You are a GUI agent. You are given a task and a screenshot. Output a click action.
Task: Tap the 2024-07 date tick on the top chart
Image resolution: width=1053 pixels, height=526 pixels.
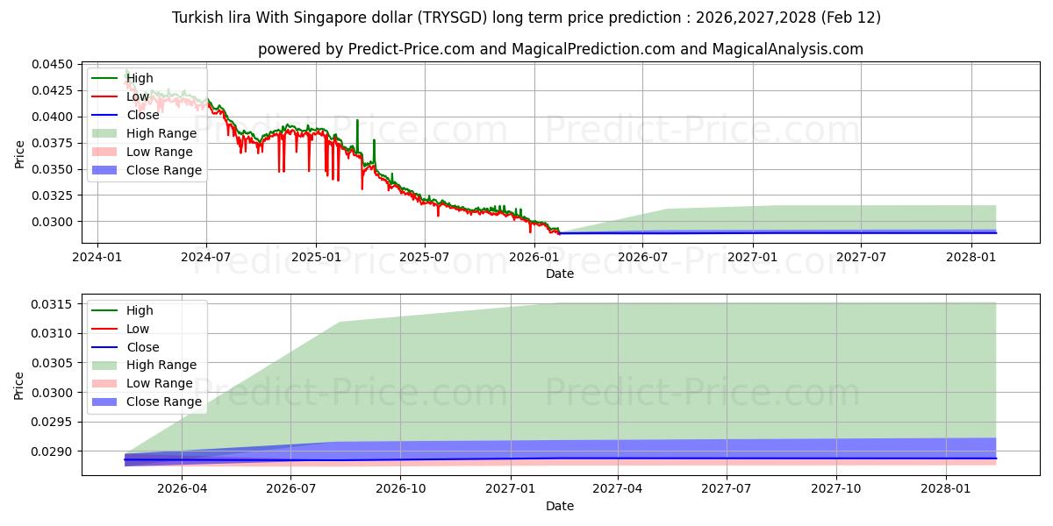point(205,257)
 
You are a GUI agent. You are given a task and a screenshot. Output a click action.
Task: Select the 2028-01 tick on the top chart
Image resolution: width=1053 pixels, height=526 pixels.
point(971,257)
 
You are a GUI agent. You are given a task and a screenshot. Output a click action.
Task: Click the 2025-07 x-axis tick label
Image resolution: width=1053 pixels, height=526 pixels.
point(425,257)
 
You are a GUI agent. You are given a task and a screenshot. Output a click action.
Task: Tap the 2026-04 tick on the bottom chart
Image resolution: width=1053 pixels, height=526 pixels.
point(183,489)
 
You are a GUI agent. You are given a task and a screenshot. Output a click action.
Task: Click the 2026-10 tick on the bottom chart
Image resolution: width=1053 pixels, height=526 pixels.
point(400,489)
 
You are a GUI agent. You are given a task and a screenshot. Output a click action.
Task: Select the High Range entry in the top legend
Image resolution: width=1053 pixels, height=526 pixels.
point(161,133)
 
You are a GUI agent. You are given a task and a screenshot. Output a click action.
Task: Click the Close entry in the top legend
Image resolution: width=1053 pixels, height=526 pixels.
point(143,115)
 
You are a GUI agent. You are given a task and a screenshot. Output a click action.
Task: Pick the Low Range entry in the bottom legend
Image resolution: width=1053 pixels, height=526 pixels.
point(160,383)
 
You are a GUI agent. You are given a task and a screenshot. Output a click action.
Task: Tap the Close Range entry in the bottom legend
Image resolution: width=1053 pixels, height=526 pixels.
point(164,402)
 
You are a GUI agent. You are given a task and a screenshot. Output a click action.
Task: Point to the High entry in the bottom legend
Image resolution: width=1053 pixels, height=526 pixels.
point(140,310)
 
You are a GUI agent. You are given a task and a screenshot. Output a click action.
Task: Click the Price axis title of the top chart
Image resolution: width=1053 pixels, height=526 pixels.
point(19,153)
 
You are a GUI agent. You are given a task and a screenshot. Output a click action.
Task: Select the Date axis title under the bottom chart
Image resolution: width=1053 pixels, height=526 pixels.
point(560,506)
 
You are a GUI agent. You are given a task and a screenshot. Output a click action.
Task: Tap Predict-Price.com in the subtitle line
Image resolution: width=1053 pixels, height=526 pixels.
point(412,49)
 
